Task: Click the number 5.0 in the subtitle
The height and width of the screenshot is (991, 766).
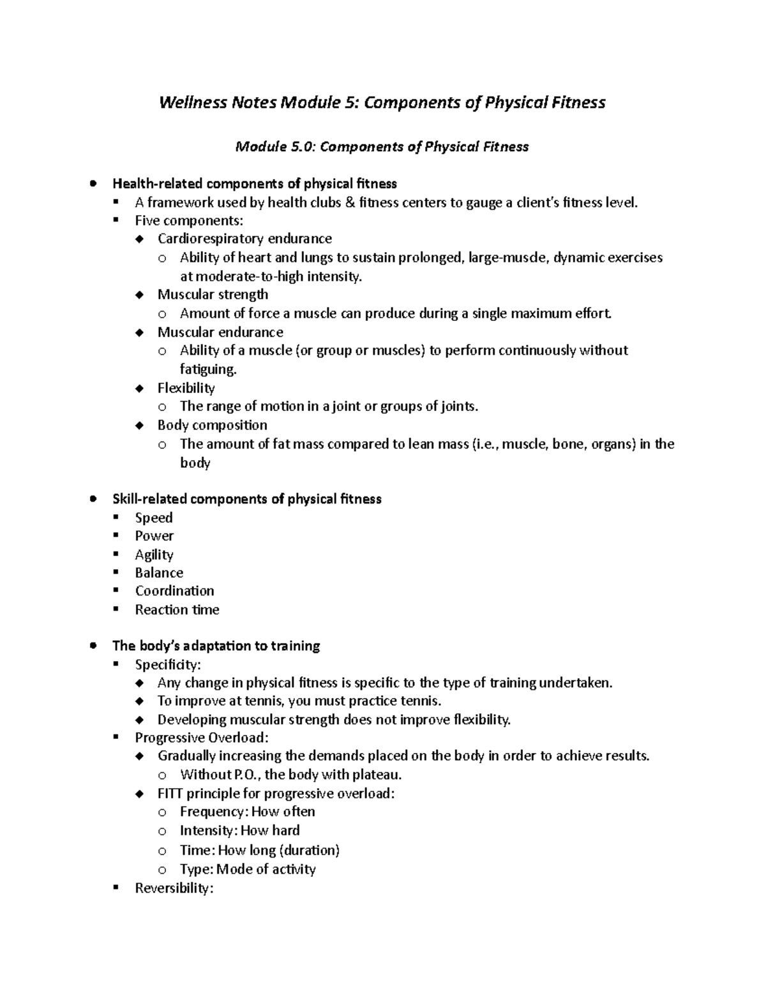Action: (x=303, y=147)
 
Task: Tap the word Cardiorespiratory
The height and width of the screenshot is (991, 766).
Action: (x=211, y=239)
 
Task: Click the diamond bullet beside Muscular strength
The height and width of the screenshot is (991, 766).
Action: (x=140, y=295)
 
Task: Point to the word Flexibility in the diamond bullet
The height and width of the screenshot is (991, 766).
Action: (x=186, y=388)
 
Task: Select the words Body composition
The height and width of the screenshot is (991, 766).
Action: (x=212, y=425)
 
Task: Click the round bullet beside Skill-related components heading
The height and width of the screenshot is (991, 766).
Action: (x=94, y=499)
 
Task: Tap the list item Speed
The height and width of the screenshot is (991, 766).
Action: (x=153, y=518)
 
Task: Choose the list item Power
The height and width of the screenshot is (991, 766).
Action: (x=154, y=536)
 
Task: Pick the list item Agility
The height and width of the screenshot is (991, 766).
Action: (x=154, y=555)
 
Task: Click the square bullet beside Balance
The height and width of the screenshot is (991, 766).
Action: (x=116, y=572)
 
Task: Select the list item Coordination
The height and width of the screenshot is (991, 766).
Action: (x=174, y=591)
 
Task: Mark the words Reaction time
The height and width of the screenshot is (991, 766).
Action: (x=177, y=610)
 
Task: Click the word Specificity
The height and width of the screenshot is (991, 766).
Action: (x=167, y=665)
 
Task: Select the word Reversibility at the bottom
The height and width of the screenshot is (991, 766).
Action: (x=173, y=888)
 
